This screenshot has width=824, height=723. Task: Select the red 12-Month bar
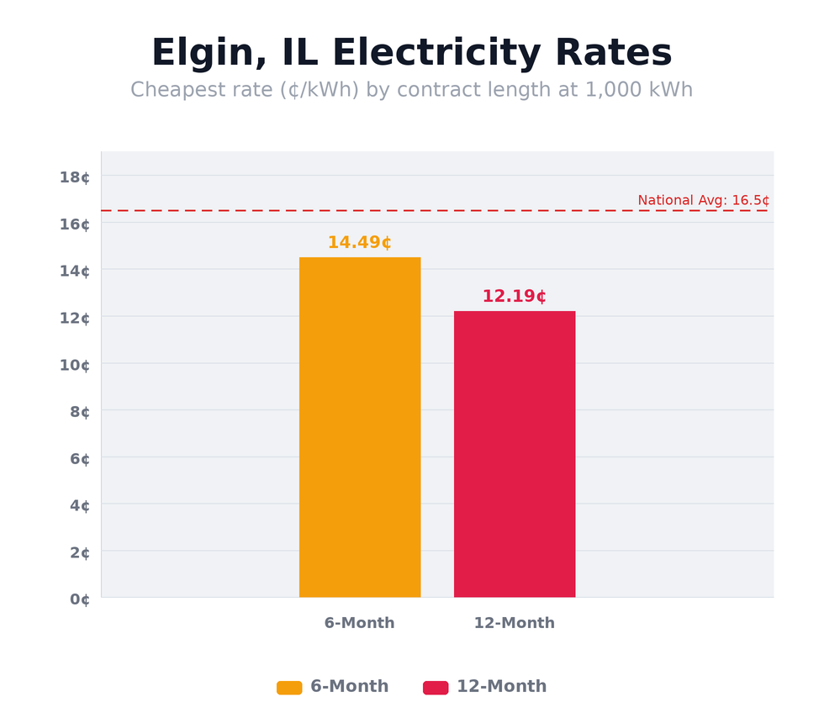[x=515, y=454]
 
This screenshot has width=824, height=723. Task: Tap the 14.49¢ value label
[x=359, y=243]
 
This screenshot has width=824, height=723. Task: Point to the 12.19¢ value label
[x=514, y=297]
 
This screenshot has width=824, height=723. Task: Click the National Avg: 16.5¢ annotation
[x=703, y=200]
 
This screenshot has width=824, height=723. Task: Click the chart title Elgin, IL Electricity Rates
[x=411, y=54]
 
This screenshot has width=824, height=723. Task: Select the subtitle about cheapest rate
[x=411, y=90]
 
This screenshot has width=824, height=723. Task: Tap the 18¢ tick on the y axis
[x=75, y=177]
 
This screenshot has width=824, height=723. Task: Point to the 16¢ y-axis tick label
[x=75, y=224]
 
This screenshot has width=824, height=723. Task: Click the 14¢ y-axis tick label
[x=75, y=271]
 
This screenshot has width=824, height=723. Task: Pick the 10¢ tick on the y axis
[x=75, y=365]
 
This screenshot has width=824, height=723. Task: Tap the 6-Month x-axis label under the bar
[x=359, y=623]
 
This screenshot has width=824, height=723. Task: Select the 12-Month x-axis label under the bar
[x=514, y=623]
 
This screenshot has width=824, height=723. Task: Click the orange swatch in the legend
[x=289, y=688]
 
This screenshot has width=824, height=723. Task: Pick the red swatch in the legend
[x=436, y=688]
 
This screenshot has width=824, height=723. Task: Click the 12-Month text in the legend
[x=501, y=687]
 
